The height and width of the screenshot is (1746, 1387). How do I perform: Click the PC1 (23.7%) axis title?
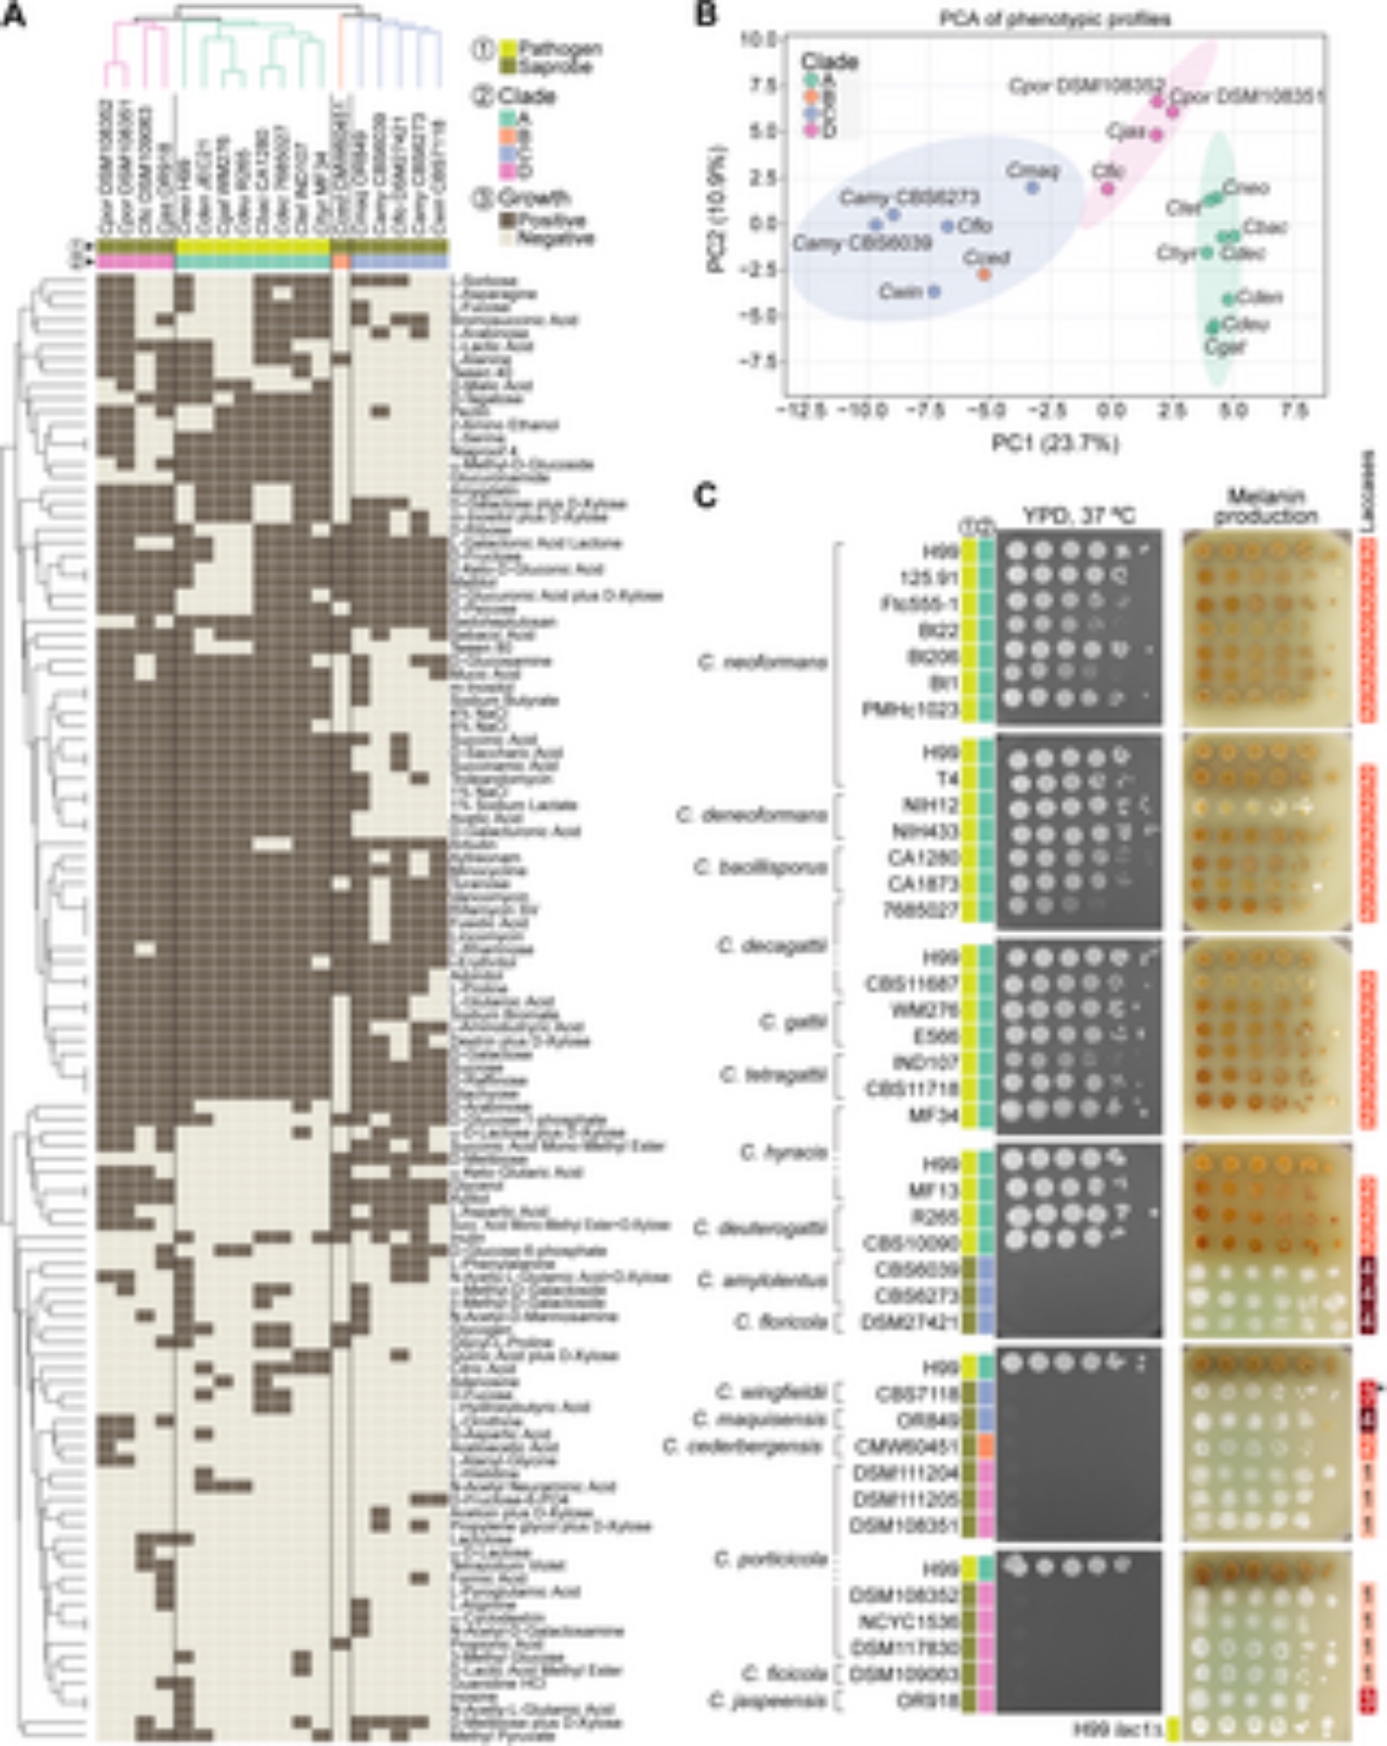coord(1054,443)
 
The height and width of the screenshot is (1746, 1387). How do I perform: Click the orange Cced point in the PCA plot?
coord(984,274)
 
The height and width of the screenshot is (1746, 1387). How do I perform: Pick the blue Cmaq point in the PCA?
coord(1032,187)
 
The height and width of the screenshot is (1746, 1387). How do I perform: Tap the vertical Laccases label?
coord(1368,490)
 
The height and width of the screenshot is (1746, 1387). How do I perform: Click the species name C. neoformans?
coord(763,663)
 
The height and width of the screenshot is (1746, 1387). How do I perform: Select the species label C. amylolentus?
coord(763,1281)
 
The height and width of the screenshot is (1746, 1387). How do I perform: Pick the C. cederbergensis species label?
coord(742,1447)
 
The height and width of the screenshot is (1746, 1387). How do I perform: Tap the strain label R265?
coord(934,1216)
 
